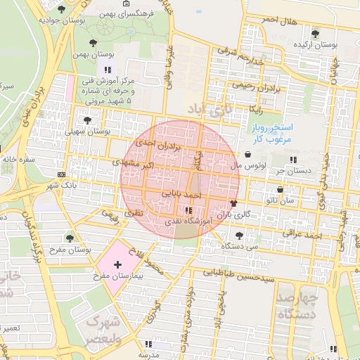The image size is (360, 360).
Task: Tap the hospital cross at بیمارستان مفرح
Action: (x=117, y=264)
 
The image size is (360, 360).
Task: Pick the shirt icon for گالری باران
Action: (x=234, y=202)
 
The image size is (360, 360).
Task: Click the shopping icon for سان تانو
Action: (x=281, y=190)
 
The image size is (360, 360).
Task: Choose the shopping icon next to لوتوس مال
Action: (x=248, y=154)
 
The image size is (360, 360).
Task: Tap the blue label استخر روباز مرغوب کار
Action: (x=276, y=134)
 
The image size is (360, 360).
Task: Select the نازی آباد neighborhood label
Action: (x=208, y=109)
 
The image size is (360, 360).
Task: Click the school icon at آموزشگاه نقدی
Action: (x=188, y=210)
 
